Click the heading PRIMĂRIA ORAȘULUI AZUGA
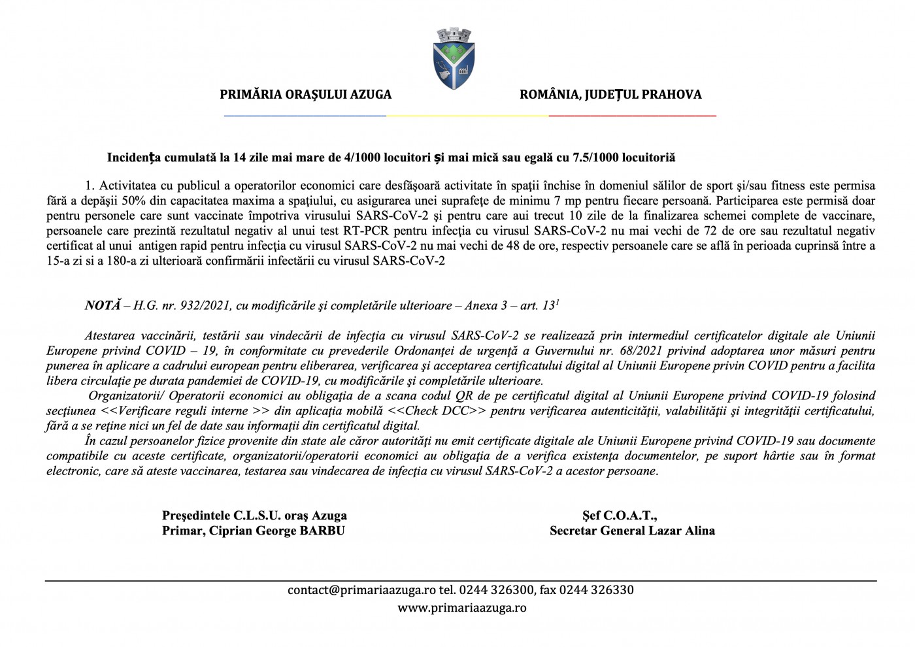click(305, 95)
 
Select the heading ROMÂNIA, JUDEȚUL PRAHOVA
click(610, 95)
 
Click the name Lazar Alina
click(686, 531)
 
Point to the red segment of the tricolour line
click(632, 116)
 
